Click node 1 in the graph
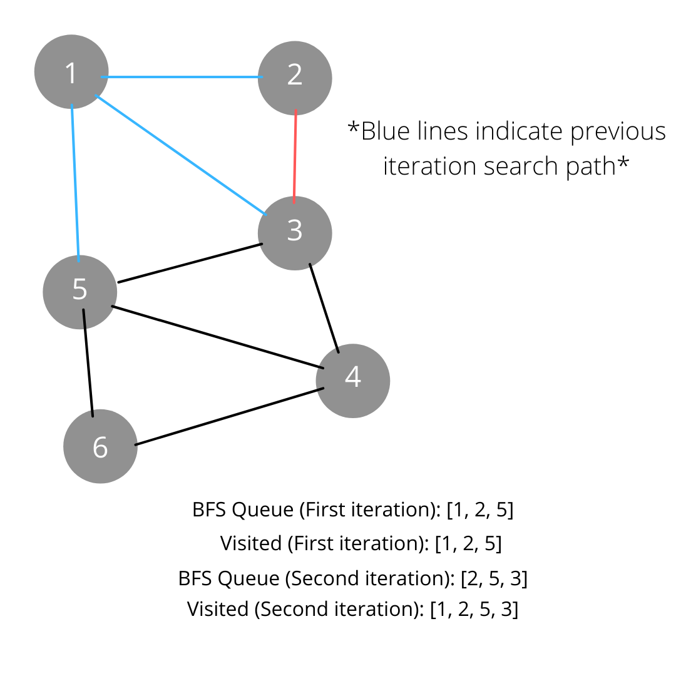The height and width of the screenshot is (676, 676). (71, 72)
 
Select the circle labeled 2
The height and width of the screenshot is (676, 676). (295, 77)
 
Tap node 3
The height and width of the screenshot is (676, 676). (295, 233)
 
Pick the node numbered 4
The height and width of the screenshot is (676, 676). (353, 380)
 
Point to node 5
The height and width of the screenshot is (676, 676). (79, 292)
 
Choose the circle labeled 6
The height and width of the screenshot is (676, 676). (100, 446)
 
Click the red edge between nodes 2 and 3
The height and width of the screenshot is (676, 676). (295, 156)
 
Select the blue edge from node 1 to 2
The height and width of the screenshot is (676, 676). (182, 78)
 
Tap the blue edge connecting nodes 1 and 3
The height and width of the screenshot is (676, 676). (182, 155)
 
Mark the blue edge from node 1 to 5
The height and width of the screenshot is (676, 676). (75, 182)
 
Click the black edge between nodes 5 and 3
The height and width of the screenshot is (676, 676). (190, 263)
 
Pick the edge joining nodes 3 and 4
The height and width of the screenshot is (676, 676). (324, 308)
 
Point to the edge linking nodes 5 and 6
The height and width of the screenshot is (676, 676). (88, 363)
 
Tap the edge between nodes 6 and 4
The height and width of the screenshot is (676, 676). (229, 417)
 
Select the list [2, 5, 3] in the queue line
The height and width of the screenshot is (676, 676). (494, 578)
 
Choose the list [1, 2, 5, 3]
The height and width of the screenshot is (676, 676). (474, 609)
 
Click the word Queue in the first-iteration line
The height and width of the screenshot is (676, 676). (262, 510)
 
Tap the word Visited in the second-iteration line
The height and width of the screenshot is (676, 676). (217, 609)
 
